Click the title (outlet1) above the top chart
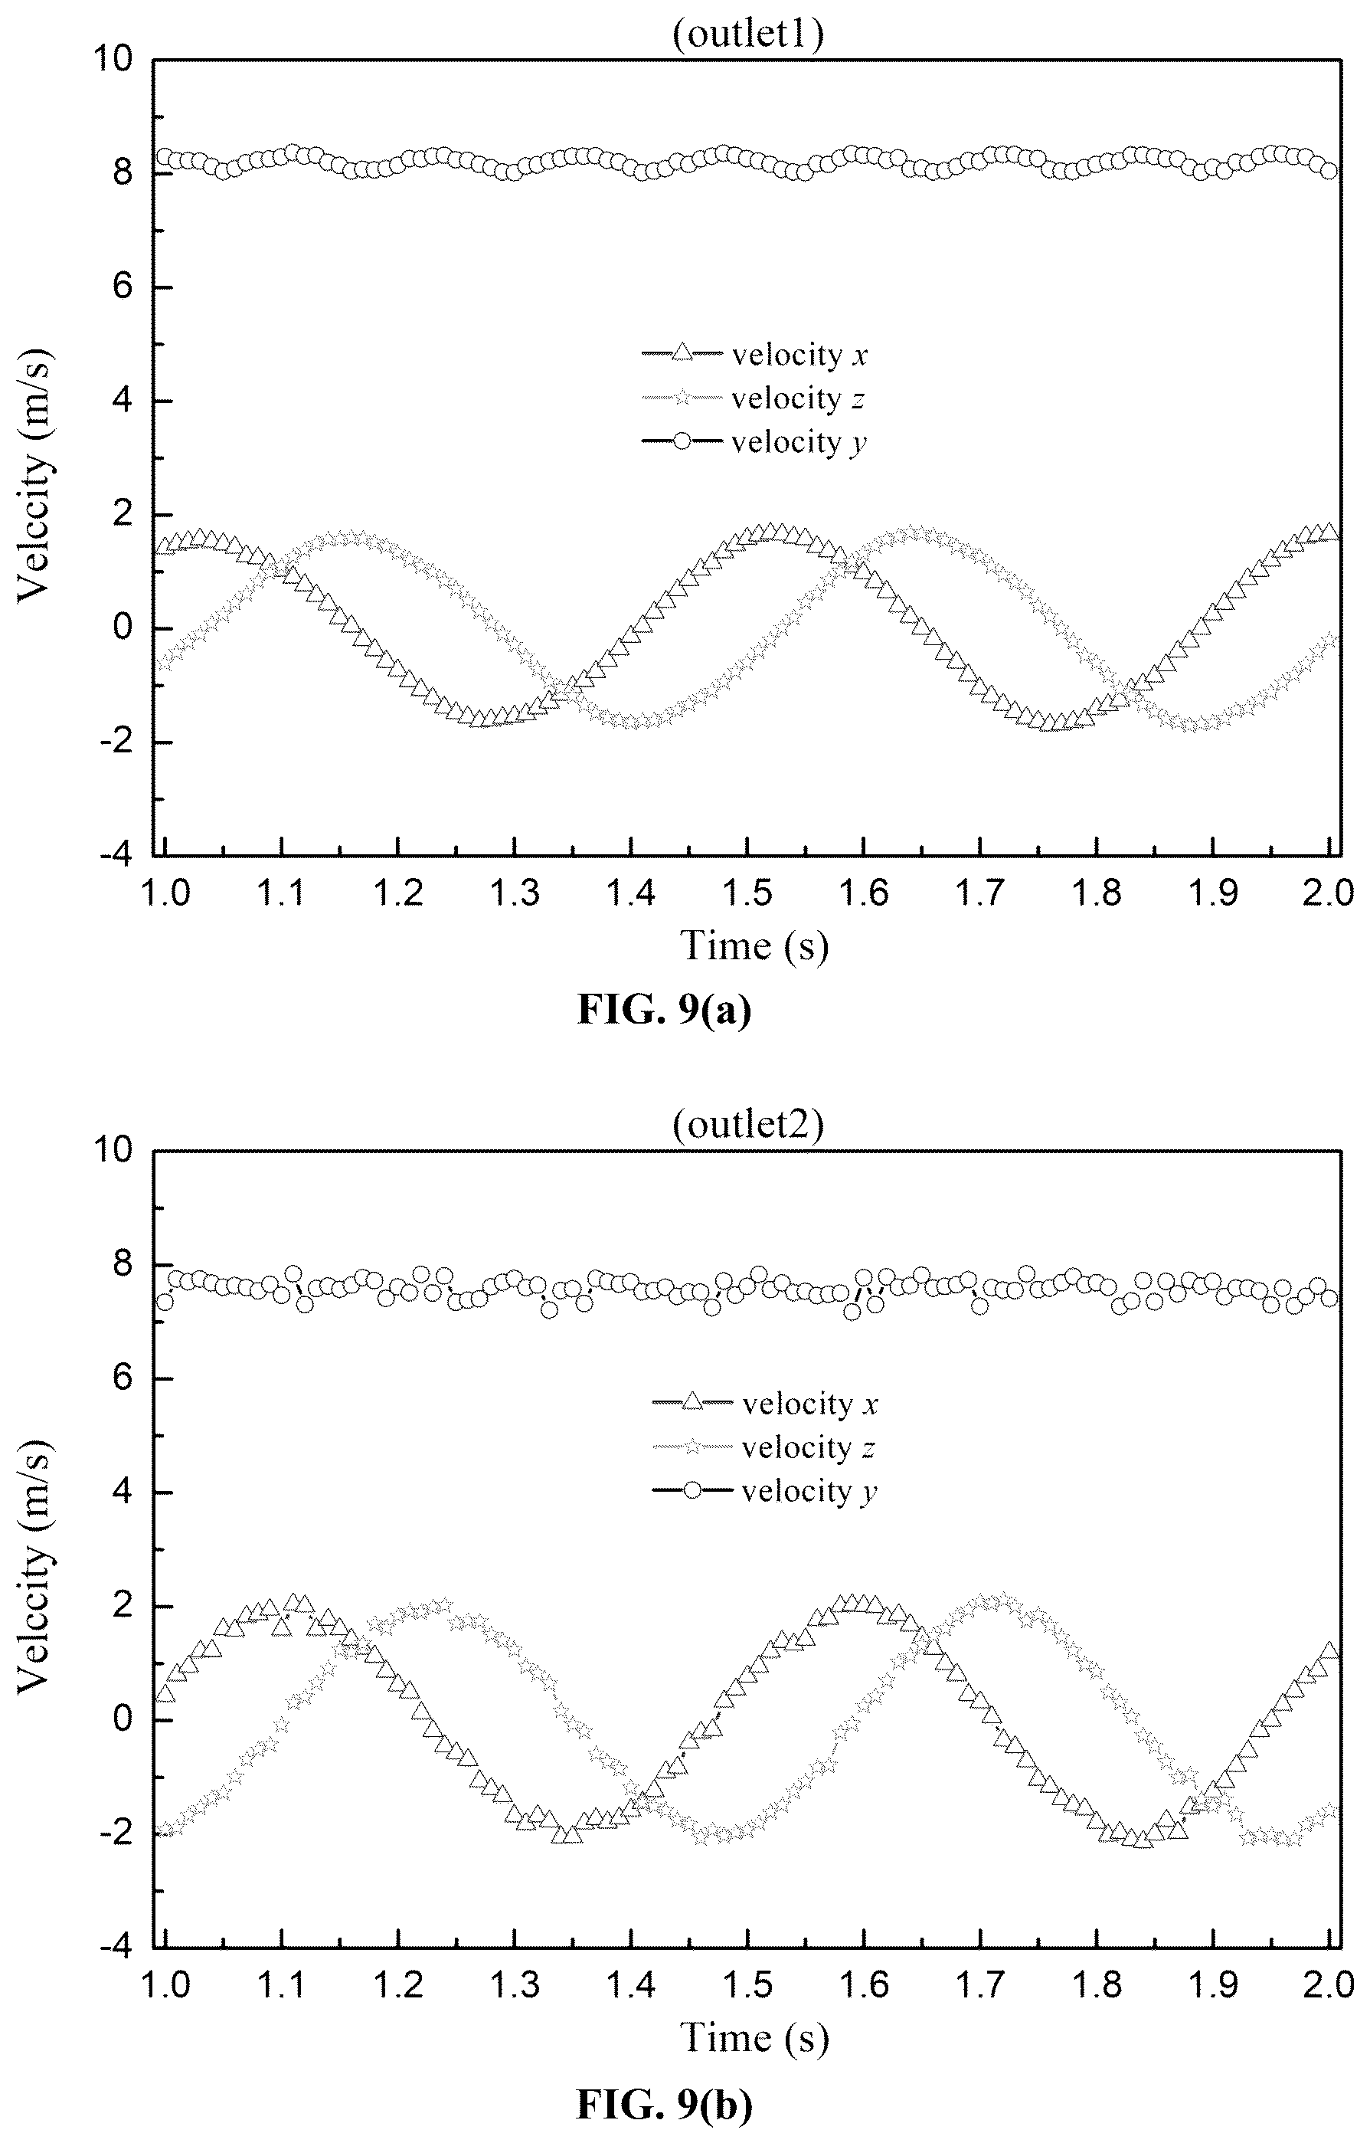[x=748, y=34]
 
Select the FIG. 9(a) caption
[x=665, y=1009]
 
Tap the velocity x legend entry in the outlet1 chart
[x=754, y=354]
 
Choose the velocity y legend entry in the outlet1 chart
[x=754, y=442]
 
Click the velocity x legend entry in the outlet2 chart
[x=765, y=1404]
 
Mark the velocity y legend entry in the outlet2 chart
[x=765, y=1492]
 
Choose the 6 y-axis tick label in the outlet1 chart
[x=123, y=287]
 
